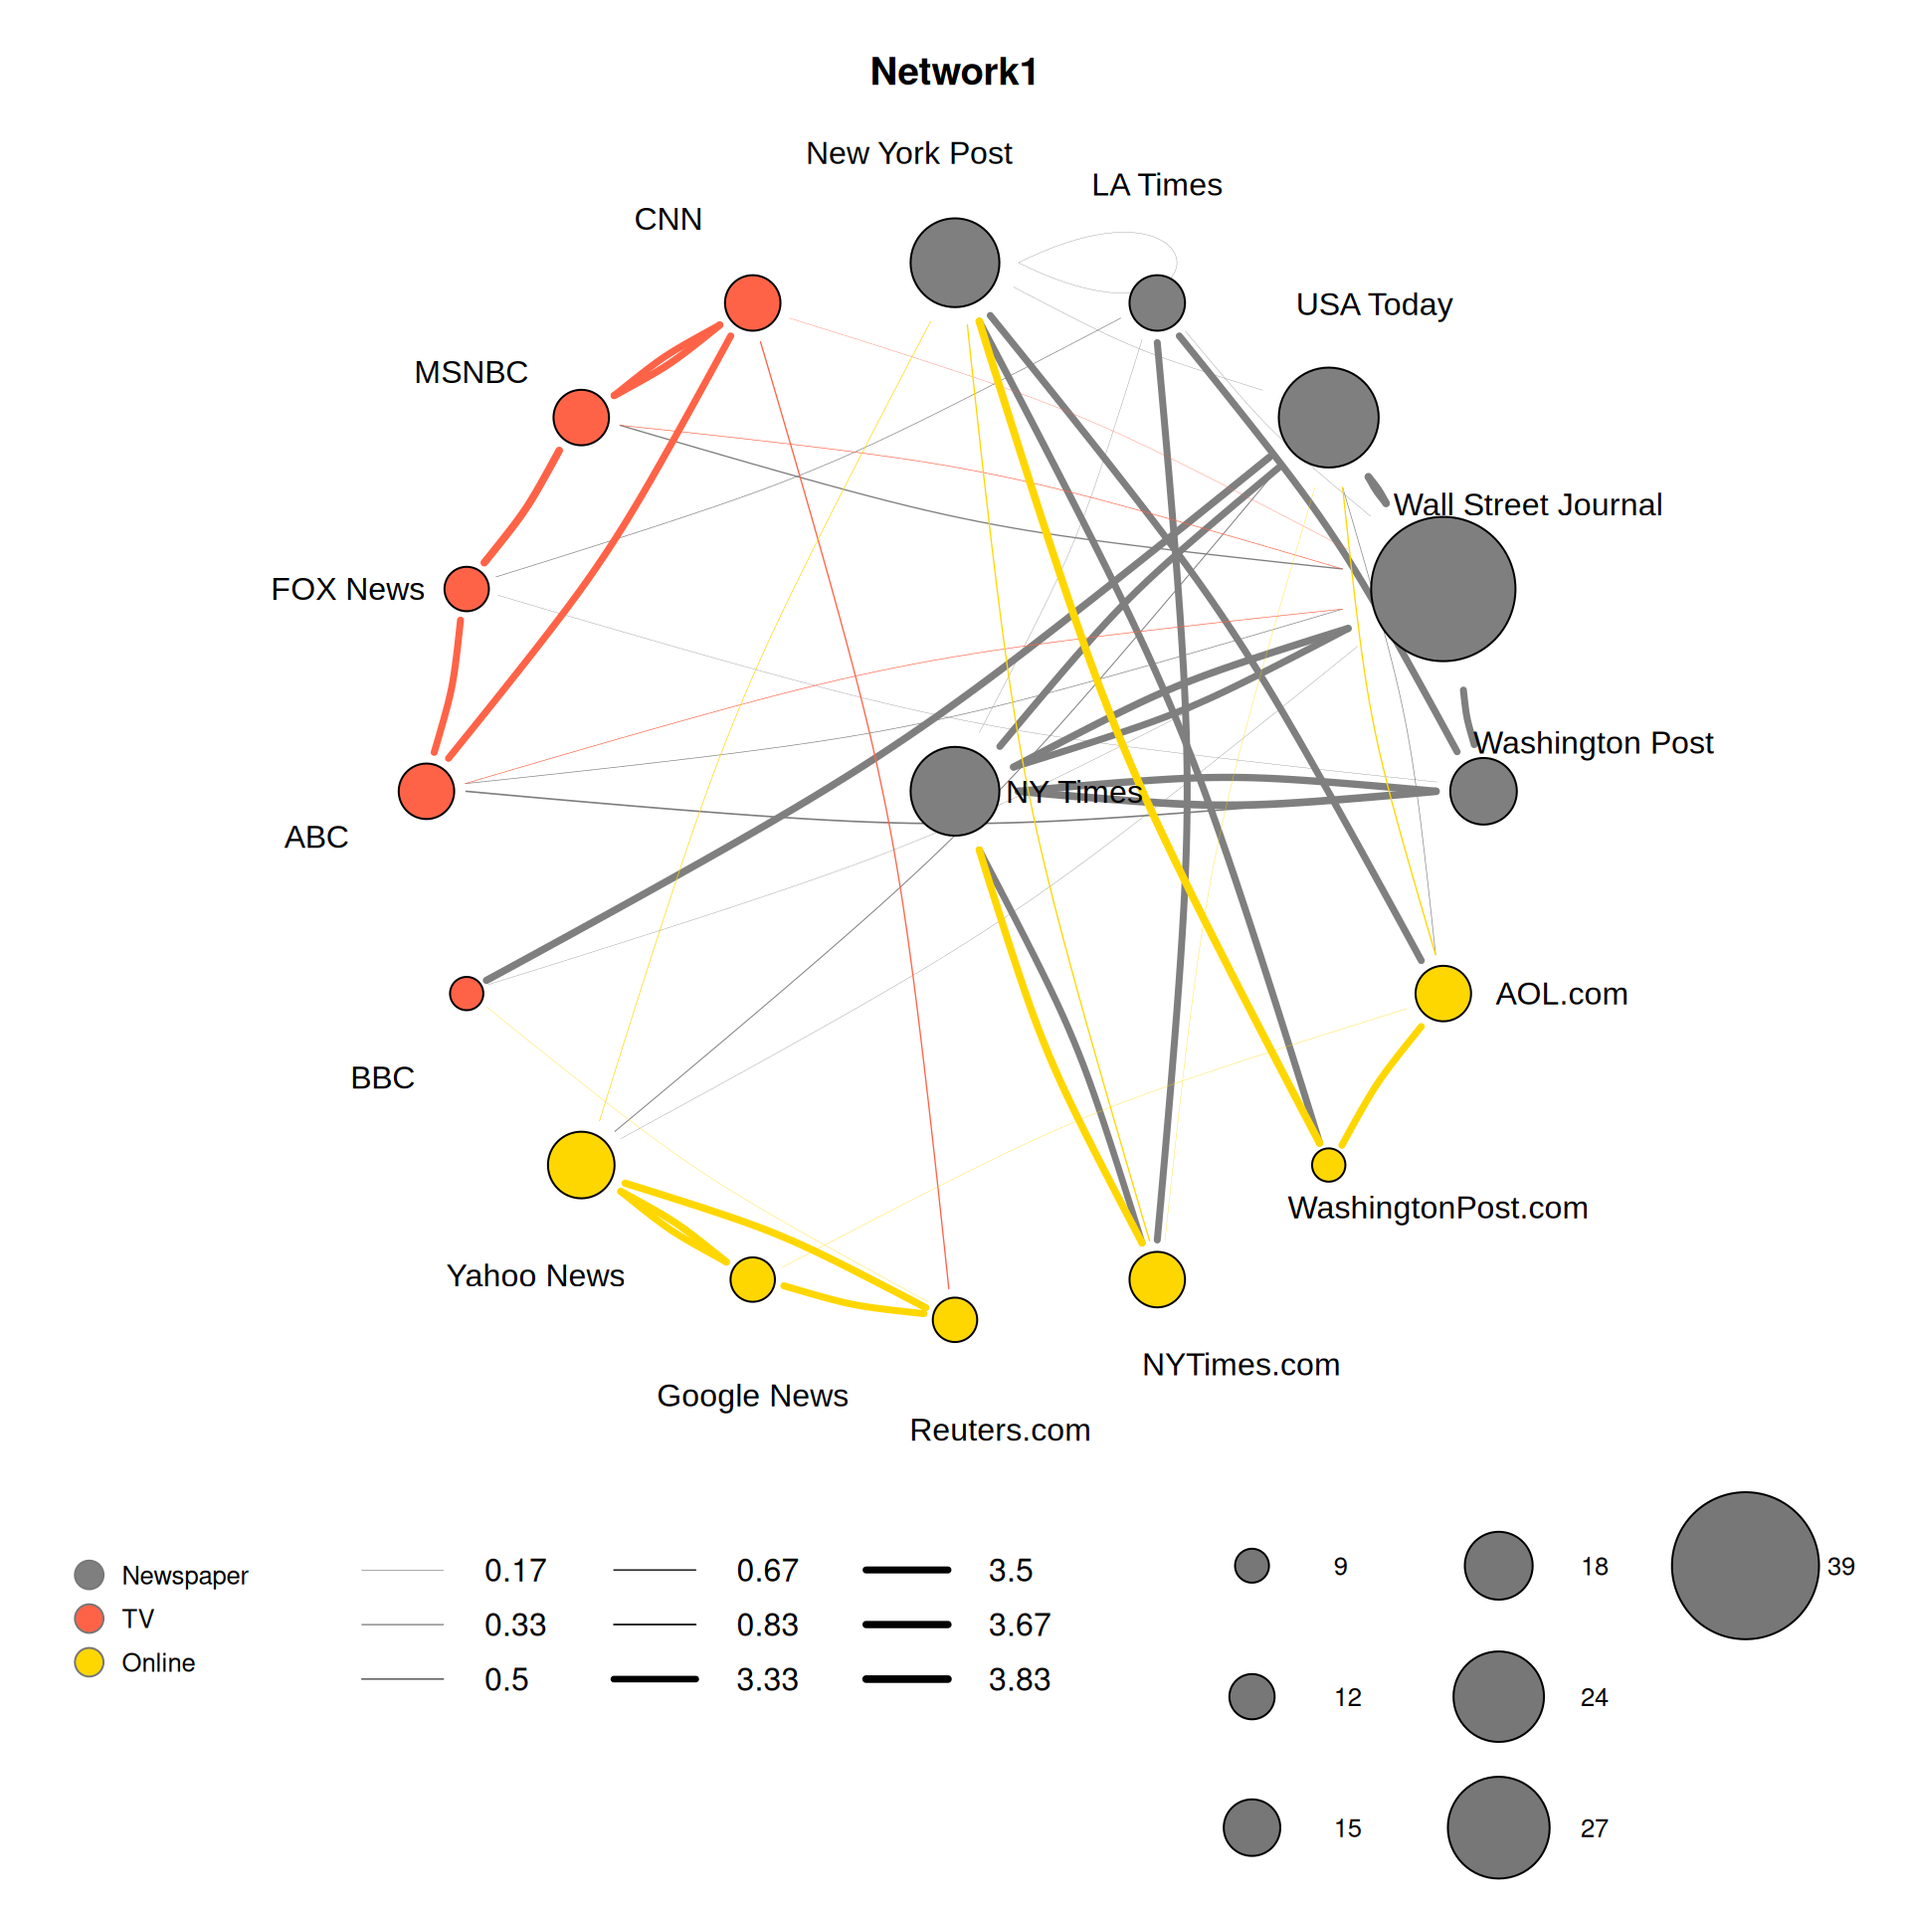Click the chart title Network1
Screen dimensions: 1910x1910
coord(953,72)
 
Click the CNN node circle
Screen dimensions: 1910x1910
coord(752,302)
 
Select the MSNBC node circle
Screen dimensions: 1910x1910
coord(581,417)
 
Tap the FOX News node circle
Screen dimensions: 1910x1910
coord(467,589)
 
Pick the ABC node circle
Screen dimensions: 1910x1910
coord(426,791)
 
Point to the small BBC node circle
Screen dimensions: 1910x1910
coord(467,993)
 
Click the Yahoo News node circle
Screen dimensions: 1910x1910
coord(581,1165)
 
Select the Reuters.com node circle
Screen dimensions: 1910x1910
coord(954,1319)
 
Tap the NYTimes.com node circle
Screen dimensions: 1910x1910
coord(1157,1279)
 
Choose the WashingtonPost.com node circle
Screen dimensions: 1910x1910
coord(1328,1164)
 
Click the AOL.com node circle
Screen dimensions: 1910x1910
coord(1442,993)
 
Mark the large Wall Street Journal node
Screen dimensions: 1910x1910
coord(1442,589)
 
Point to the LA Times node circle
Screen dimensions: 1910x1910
coord(1157,302)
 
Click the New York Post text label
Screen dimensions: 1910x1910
coord(908,153)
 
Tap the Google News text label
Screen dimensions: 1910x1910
coord(752,1396)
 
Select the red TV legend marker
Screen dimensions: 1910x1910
coord(90,1619)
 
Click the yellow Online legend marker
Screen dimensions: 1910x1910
coord(90,1662)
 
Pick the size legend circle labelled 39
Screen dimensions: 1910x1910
coord(1745,1566)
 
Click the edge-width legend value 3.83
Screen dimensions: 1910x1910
coord(1019,1679)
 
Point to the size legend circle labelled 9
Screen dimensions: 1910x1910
coord(1251,1566)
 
